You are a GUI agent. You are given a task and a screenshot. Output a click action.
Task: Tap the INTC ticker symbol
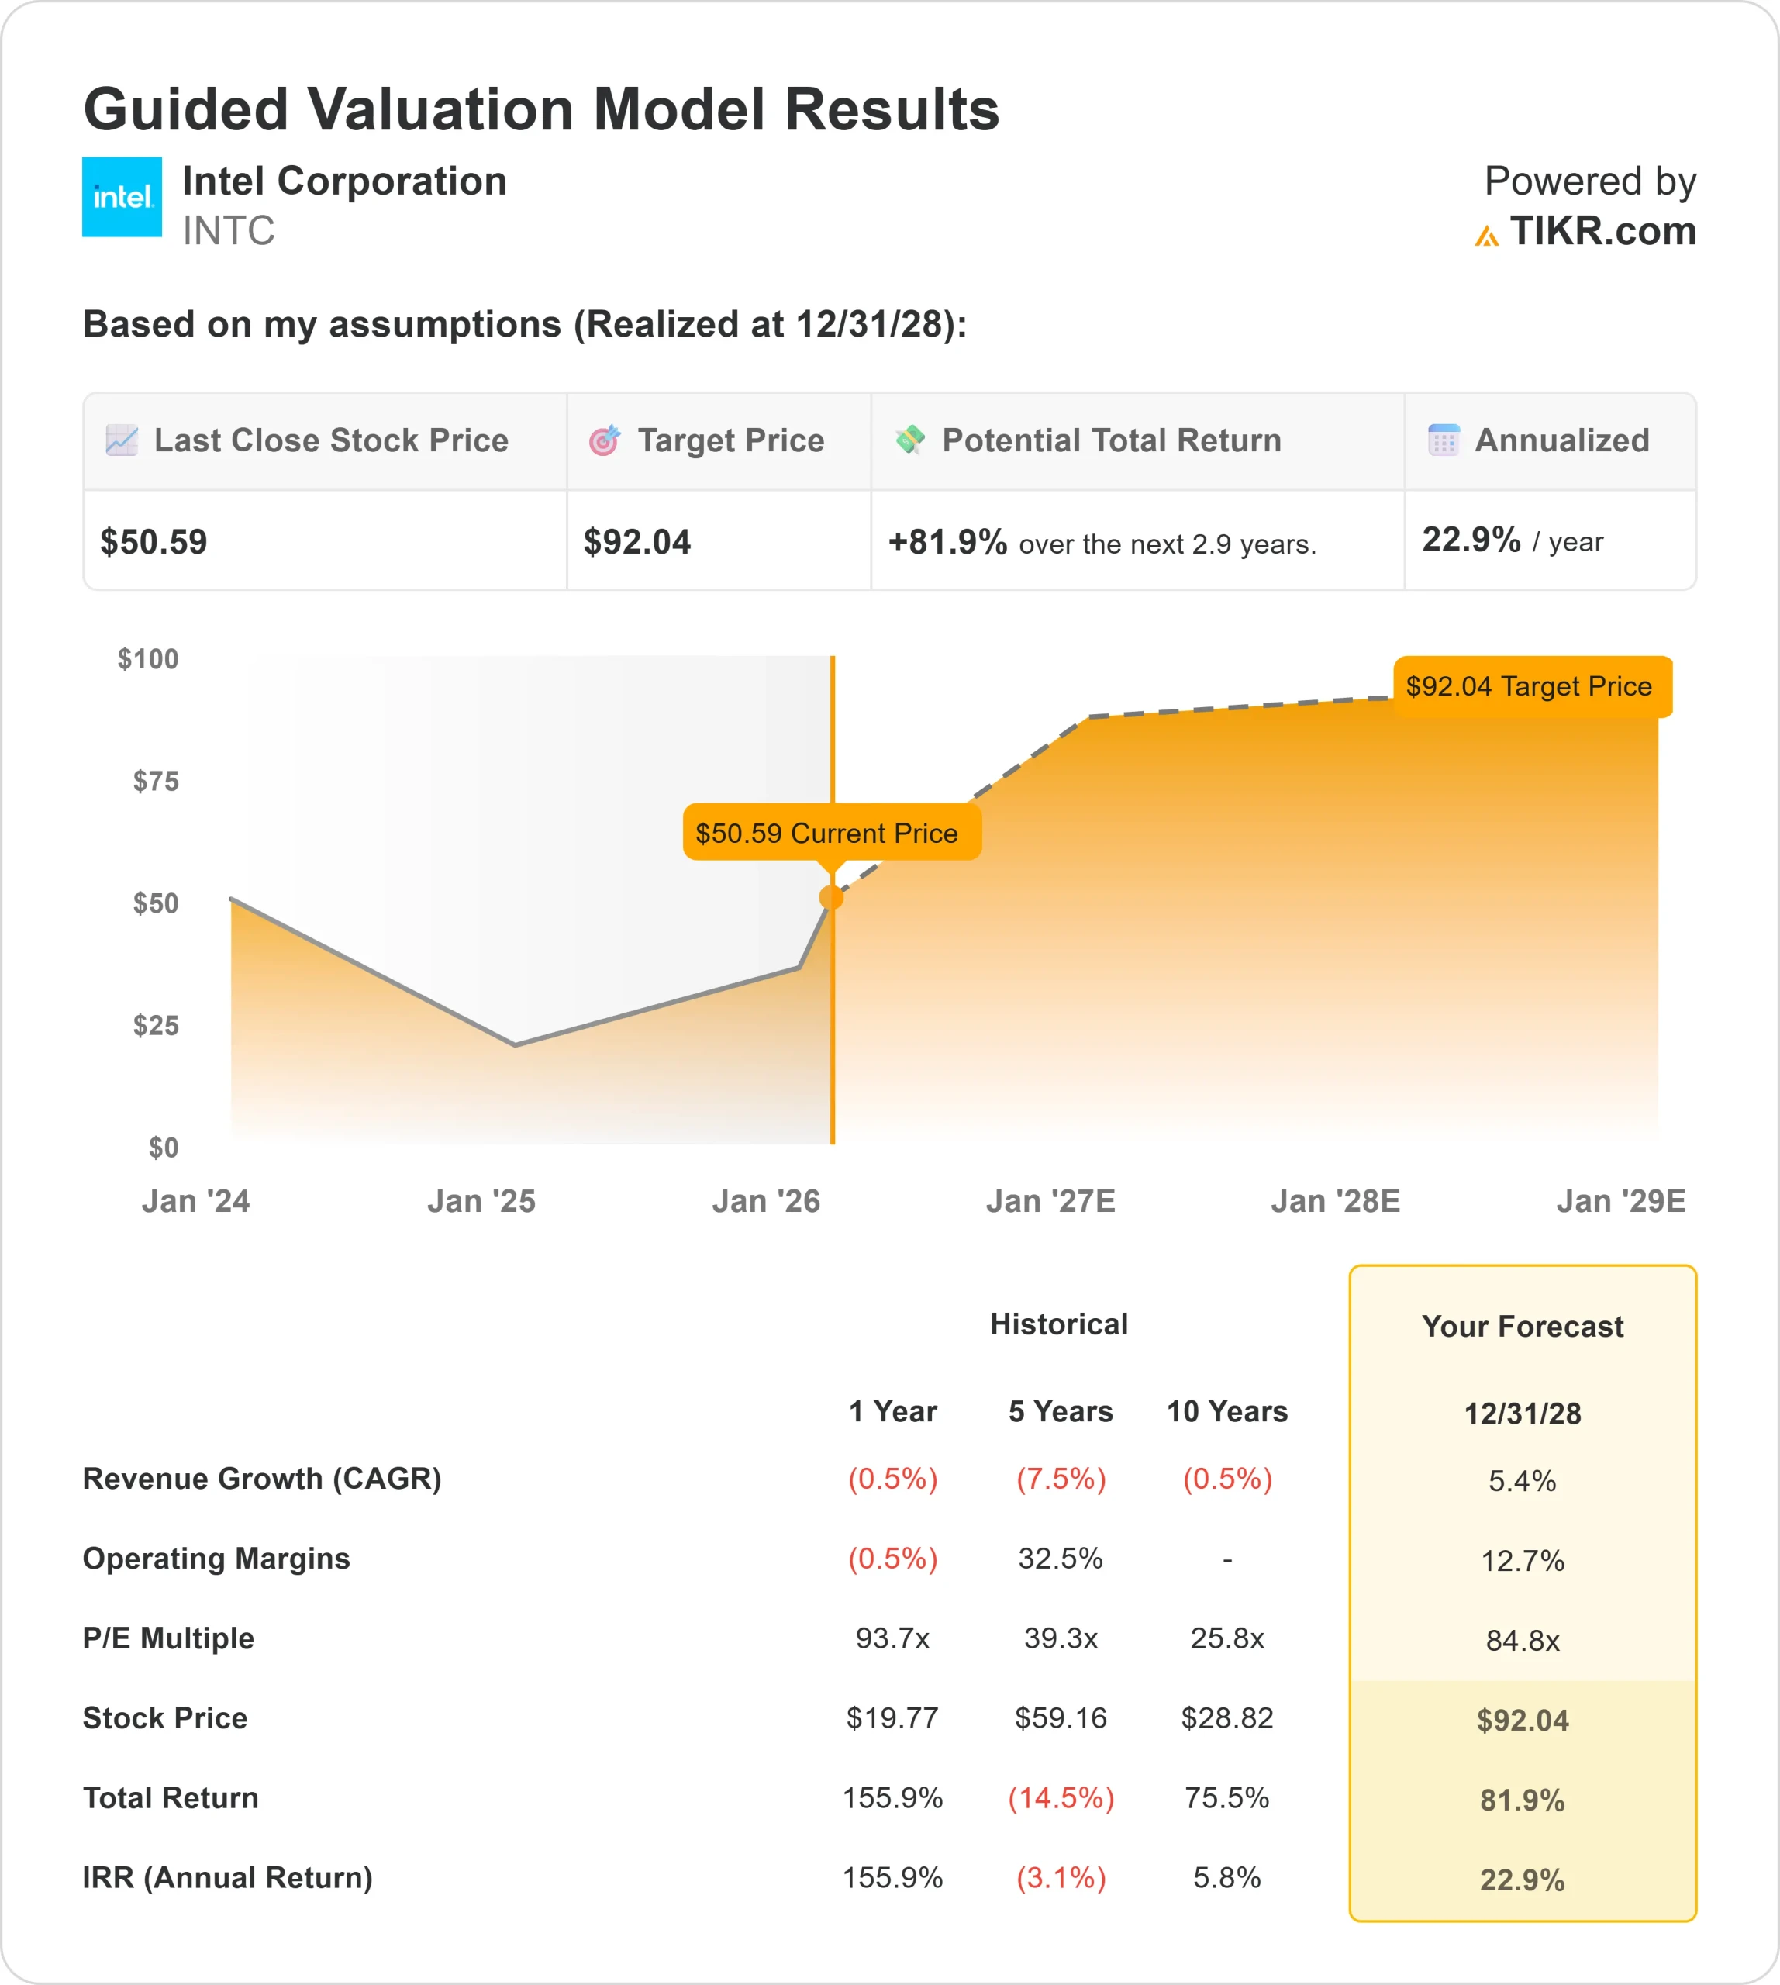coord(228,231)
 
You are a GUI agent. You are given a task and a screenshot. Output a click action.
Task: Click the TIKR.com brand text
coord(1602,231)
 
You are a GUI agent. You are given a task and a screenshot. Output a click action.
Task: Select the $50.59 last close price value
coord(154,542)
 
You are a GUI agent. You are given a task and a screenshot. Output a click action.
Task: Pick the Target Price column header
coord(730,440)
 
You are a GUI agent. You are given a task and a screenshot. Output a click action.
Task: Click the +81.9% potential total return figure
coord(947,542)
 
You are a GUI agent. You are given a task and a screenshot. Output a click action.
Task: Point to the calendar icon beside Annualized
coord(1443,440)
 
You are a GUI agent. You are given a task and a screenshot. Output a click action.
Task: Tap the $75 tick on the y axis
coord(156,781)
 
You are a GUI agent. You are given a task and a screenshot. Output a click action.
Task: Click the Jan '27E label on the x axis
coord(1050,1200)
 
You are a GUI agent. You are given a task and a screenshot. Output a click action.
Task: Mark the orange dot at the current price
coord(831,897)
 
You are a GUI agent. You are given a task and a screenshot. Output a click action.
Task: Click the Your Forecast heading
coord(1522,1327)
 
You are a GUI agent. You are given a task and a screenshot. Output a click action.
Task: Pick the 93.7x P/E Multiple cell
coord(892,1638)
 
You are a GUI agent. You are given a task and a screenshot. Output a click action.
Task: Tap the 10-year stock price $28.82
coord(1226,1718)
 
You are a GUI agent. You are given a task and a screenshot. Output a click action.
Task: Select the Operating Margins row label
coord(216,1559)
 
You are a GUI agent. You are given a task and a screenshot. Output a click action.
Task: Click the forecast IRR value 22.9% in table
coord(1522,1880)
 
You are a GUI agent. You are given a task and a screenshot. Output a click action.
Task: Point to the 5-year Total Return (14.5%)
coord(1061,1797)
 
